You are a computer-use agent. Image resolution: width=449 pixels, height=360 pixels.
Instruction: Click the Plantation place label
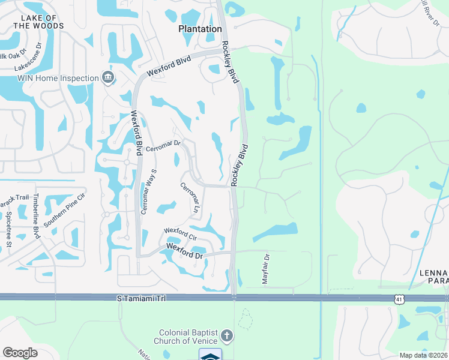(200, 29)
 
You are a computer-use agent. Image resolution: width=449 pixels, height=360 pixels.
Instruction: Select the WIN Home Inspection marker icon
(108, 77)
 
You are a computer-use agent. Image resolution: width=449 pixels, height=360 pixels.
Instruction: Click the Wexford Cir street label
(181, 232)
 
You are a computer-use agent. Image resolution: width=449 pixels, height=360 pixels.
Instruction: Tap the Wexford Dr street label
(185, 251)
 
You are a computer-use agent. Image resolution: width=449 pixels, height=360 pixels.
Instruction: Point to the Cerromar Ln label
(190, 197)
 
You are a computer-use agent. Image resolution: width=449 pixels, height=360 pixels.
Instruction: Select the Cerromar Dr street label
(163, 146)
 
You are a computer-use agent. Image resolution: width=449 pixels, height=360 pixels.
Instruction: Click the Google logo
(20, 352)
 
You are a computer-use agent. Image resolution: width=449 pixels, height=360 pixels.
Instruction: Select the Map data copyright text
(423, 355)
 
